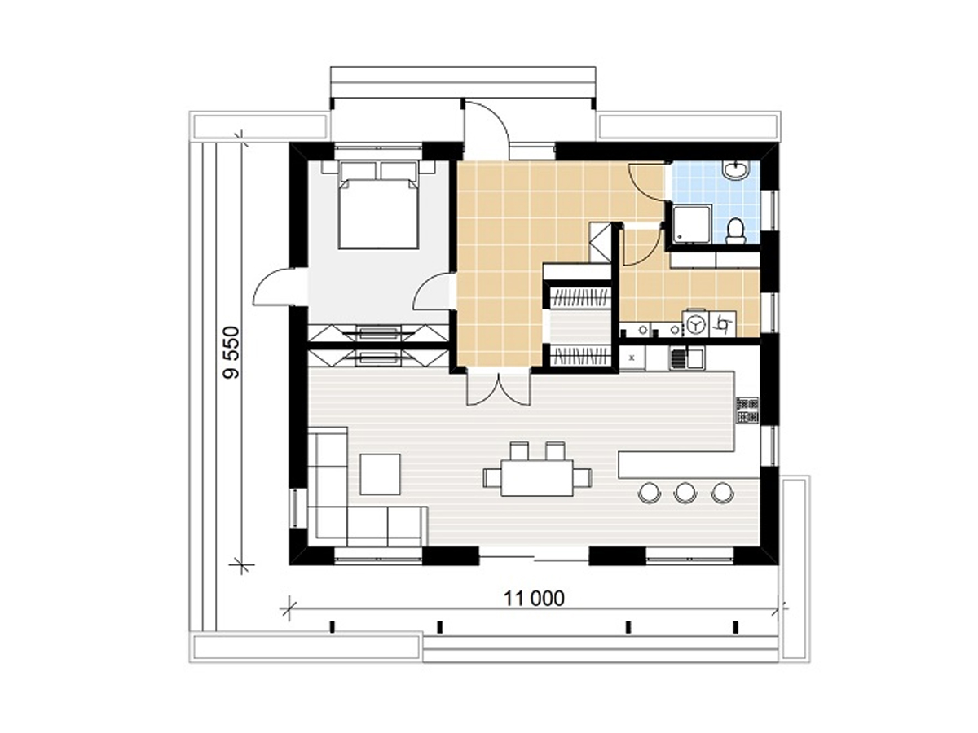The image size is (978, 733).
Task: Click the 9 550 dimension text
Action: pyautogui.click(x=231, y=353)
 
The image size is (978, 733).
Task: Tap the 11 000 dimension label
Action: pyautogui.click(x=534, y=599)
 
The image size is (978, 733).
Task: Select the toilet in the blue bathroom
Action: pyautogui.click(x=735, y=231)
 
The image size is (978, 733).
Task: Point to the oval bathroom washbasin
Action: pyautogui.click(x=736, y=170)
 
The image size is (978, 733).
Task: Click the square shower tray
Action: pyautogui.click(x=691, y=225)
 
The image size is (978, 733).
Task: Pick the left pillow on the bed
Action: pyautogui.click(x=357, y=171)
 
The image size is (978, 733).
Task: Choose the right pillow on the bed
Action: pyautogui.click(x=399, y=171)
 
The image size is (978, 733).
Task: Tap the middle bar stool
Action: pyautogui.click(x=685, y=493)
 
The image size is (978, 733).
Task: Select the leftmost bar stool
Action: pyautogui.click(x=649, y=493)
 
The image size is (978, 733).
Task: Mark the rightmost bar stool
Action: pyautogui.click(x=722, y=493)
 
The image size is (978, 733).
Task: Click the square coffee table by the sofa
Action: pyautogui.click(x=380, y=474)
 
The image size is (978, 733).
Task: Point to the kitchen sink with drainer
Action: pyautogui.click(x=685, y=358)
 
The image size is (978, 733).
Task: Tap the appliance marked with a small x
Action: pyautogui.click(x=632, y=358)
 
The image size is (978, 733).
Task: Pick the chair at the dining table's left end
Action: pyautogui.click(x=492, y=478)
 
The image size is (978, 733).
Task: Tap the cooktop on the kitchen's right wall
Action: pyautogui.click(x=748, y=410)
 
